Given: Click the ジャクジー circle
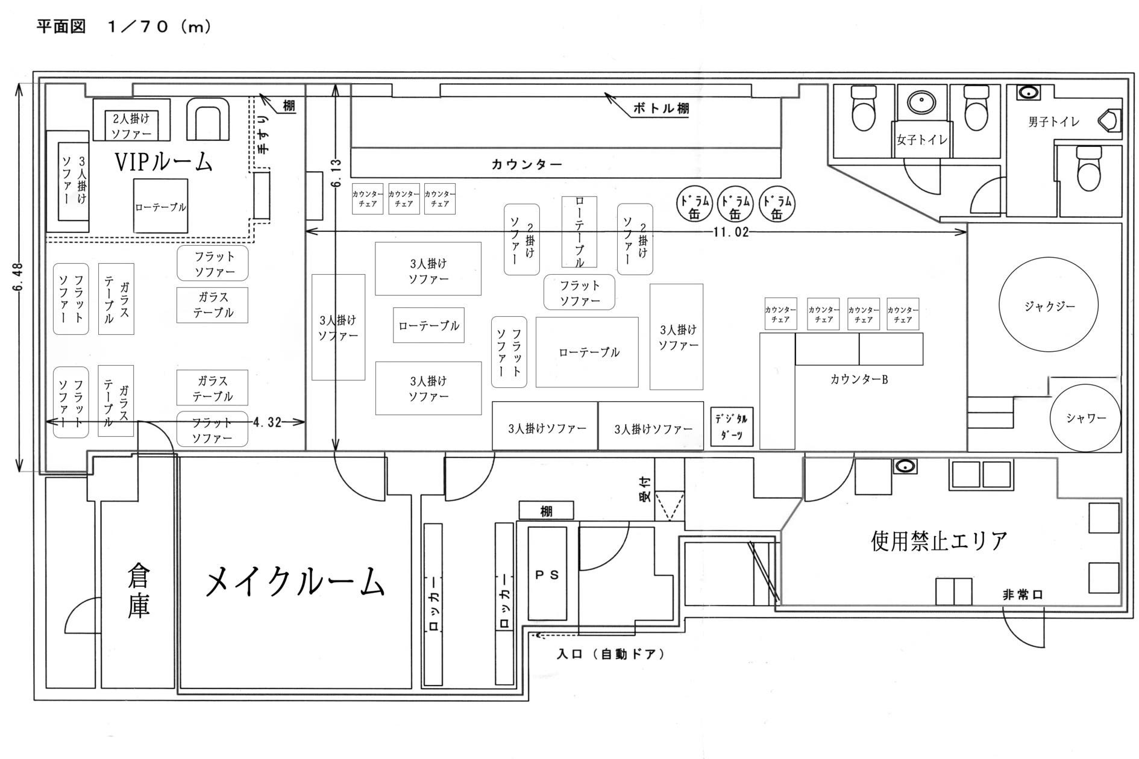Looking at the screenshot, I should [x=1048, y=306].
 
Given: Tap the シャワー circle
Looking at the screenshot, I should [x=1085, y=418].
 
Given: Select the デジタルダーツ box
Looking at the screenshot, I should [x=732, y=426].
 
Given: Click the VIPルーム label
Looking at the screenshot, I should [x=163, y=161].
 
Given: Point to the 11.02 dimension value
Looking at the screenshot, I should [x=730, y=232].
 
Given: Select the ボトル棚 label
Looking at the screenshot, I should [x=660, y=108].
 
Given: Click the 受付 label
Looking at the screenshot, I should [x=645, y=490].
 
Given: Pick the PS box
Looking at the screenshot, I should [x=547, y=574].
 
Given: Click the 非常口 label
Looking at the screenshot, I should [x=1023, y=595].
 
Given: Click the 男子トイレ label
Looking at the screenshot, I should [x=1053, y=122].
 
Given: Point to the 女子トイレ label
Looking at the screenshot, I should [x=922, y=140].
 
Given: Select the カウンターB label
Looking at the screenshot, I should [x=859, y=379].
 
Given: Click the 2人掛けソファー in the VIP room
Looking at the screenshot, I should [x=131, y=125].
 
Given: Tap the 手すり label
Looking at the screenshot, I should [x=263, y=134].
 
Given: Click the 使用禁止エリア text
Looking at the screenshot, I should [x=939, y=540].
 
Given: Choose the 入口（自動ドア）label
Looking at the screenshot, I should [x=610, y=654].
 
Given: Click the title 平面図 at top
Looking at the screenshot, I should [x=61, y=27].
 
